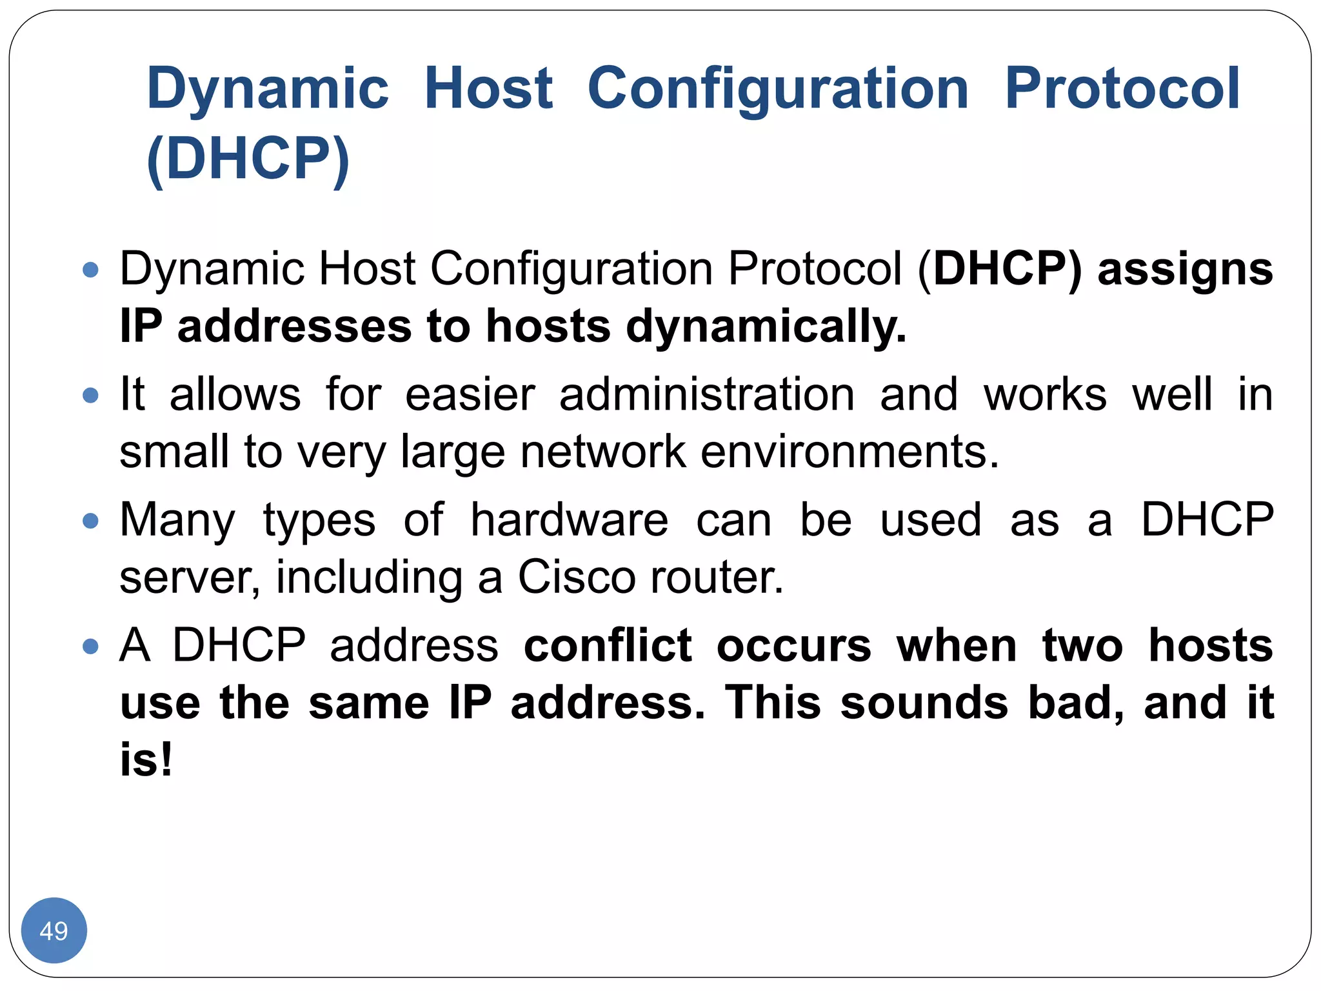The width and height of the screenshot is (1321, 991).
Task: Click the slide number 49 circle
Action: tap(54, 930)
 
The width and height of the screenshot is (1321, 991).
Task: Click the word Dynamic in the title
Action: tap(268, 89)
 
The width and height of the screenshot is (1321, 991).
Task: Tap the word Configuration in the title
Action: tap(778, 89)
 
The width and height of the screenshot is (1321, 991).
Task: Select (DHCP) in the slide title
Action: tap(248, 158)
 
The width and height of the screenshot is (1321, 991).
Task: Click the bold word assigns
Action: tap(1185, 270)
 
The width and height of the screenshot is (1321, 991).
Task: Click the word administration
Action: tap(707, 394)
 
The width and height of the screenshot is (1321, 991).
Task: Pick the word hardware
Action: tap(569, 519)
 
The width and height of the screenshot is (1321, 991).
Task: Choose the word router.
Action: tap(717, 576)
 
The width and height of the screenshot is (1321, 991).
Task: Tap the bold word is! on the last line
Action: tap(146, 759)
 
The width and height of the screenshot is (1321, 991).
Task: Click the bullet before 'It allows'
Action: tap(91, 395)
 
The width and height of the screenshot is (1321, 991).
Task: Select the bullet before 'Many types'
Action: tap(91, 520)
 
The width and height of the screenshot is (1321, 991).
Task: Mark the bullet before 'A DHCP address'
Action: tap(91, 646)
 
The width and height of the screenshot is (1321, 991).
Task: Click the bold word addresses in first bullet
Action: tap(294, 326)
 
